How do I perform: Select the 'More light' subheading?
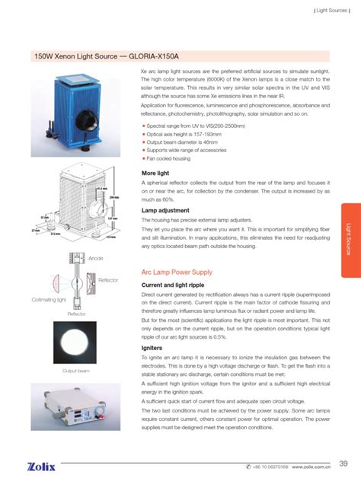point(158,174)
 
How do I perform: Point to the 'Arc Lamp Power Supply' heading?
point(177,272)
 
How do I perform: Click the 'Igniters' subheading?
point(153,347)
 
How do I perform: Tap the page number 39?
point(343,463)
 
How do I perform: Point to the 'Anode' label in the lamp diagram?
point(96,260)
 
